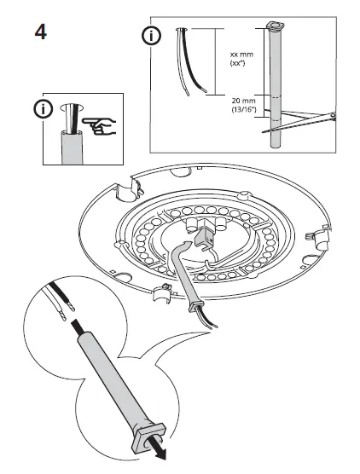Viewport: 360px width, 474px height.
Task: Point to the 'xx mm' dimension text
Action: coord(240,55)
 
